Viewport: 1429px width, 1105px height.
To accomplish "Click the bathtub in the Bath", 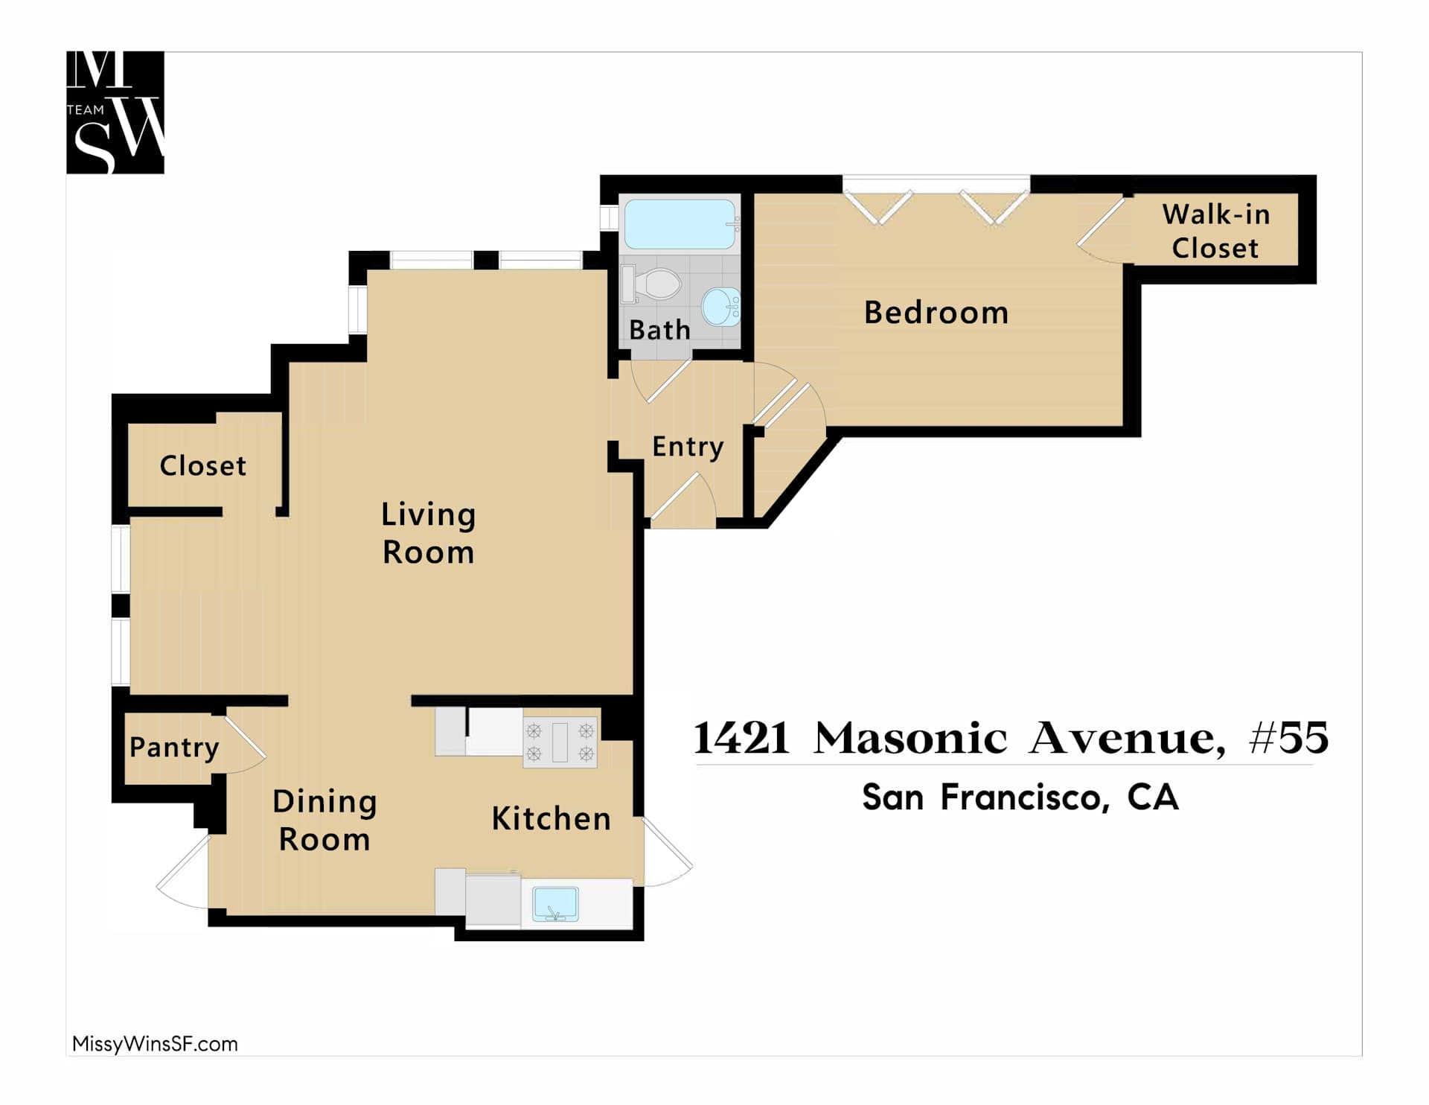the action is coord(680,223).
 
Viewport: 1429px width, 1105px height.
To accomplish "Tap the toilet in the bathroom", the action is coord(652,284).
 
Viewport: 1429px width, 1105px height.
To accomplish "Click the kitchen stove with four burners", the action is coord(560,742).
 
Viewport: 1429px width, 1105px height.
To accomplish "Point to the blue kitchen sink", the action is coord(555,904).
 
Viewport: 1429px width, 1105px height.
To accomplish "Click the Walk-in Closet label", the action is coord(1215,231).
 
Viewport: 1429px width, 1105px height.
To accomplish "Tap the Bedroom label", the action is coord(936,312).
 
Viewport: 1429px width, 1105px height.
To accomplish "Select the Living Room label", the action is coord(428,533).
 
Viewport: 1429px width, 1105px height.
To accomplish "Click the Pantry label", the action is coord(174,748).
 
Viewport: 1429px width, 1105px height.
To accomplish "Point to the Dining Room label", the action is coord(325,820).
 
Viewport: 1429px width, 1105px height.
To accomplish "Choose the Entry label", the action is coord(688,447).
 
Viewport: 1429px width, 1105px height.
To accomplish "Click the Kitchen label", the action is coord(552,818).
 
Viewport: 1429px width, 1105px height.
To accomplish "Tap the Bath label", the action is coord(660,329).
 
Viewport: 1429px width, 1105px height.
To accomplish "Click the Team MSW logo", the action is coord(115,112).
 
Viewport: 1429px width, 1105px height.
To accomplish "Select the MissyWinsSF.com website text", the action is coord(155,1044).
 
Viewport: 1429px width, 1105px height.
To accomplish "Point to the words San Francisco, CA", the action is coord(1020,797).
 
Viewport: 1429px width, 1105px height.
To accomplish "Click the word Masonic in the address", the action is coord(912,738).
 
